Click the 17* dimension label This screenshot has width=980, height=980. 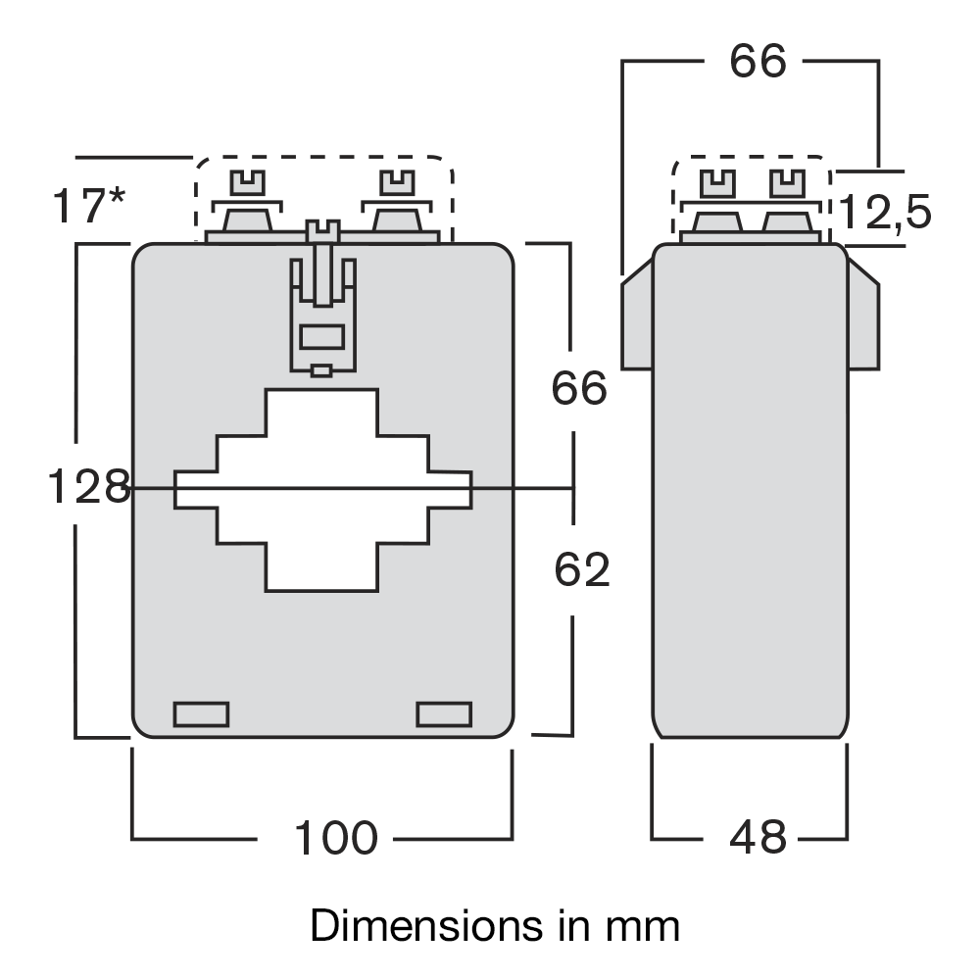pos(88,207)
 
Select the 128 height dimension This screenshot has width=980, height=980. pos(88,487)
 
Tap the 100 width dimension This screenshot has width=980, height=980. pos(335,838)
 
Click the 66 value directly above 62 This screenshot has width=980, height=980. pos(579,389)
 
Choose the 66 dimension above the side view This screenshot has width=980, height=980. pos(758,62)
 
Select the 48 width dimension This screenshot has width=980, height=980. pos(758,838)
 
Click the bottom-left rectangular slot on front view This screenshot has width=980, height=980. pos(201,714)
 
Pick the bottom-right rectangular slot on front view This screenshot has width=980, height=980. pos(444,714)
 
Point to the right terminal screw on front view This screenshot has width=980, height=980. pos(396,183)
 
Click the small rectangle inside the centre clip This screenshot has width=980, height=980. pos(320,337)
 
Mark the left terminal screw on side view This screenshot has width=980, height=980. pos(717,183)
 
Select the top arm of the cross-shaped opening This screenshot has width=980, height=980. pos(321,412)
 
